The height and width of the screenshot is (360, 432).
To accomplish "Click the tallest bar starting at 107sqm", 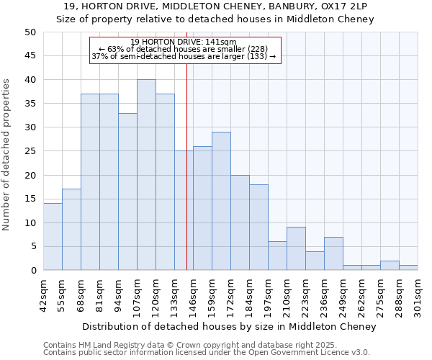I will coord(146,175).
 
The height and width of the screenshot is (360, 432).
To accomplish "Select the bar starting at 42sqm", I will coord(53,237).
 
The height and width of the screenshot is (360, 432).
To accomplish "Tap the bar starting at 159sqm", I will coord(221,201).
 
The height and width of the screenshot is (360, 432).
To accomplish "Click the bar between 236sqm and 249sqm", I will coord(333,253).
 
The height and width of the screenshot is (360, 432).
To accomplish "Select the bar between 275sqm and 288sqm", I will coord(390,266).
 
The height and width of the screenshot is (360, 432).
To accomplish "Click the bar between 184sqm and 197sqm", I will coord(258,228).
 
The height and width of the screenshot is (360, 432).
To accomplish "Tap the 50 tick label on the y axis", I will coord(30,32).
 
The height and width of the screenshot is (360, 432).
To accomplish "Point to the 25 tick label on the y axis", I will coord(30,151).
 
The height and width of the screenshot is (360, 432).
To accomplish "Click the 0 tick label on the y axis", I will coord(32,271).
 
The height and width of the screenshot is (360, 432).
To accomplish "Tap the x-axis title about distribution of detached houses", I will coord(229,326).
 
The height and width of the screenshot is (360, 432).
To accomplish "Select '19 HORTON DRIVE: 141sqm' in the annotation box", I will coord(184,42).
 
